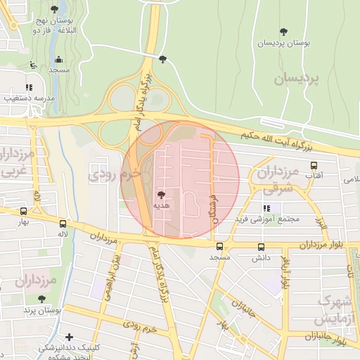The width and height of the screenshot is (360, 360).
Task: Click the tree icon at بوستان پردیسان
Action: (x=283, y=32)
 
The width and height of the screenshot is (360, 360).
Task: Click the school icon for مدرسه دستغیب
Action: (x=29, y=88)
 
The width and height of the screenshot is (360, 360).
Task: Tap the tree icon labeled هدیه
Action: (x=161, y=194)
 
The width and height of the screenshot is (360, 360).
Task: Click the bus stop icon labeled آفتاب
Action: (x=313, y=167)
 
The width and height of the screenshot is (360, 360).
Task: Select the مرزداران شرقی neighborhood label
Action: (x=277, y=179)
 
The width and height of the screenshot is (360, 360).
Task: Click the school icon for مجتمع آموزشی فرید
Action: (x=266, y=208)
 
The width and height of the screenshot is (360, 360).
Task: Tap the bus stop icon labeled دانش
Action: (x=262, y=247)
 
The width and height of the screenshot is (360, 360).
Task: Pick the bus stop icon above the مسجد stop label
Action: (x=220, y=247)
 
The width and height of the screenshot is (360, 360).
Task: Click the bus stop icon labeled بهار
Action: (x=23, y=210)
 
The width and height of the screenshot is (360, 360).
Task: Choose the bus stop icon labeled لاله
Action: (x=63, y=221)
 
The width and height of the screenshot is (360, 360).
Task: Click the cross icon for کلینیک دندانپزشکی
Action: (x=69, y=337)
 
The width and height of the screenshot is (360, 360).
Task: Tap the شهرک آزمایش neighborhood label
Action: (x=335, y=309)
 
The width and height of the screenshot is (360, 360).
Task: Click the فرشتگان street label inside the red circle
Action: (x=212, y=203)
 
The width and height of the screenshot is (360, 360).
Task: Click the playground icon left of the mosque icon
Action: (x=33, y=65)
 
